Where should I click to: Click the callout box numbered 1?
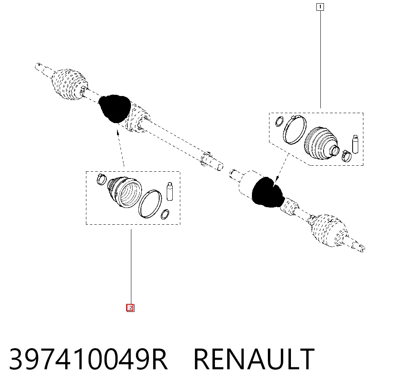point(320,7)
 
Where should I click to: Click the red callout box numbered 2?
point(131,308)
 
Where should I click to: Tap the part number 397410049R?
point(88,359)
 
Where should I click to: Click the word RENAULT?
point(254,359)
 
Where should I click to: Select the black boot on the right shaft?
point(268,192)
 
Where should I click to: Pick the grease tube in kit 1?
point(355,144)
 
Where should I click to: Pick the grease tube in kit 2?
point(170,191)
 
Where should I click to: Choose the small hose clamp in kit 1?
point(346,155)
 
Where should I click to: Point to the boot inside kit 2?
point(124,192)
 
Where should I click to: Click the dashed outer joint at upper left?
point(69,84)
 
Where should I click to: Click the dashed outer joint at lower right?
point(329,230)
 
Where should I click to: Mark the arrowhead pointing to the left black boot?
point(117,132)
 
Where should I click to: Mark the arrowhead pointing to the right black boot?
point(277,179)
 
